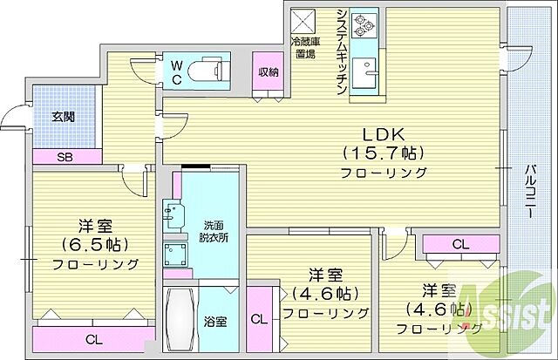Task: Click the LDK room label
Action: (x=382, y=136)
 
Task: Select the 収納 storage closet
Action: (x=268, y=71)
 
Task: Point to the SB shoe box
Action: (x=65, y=157)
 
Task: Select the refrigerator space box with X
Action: (x=303, y=19)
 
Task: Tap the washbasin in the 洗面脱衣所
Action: (x=174, y=213)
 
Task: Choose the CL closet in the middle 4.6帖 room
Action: (x=259, y=321)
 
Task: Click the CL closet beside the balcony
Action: (x=459, y=245)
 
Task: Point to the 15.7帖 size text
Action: (x=383, y=154)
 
